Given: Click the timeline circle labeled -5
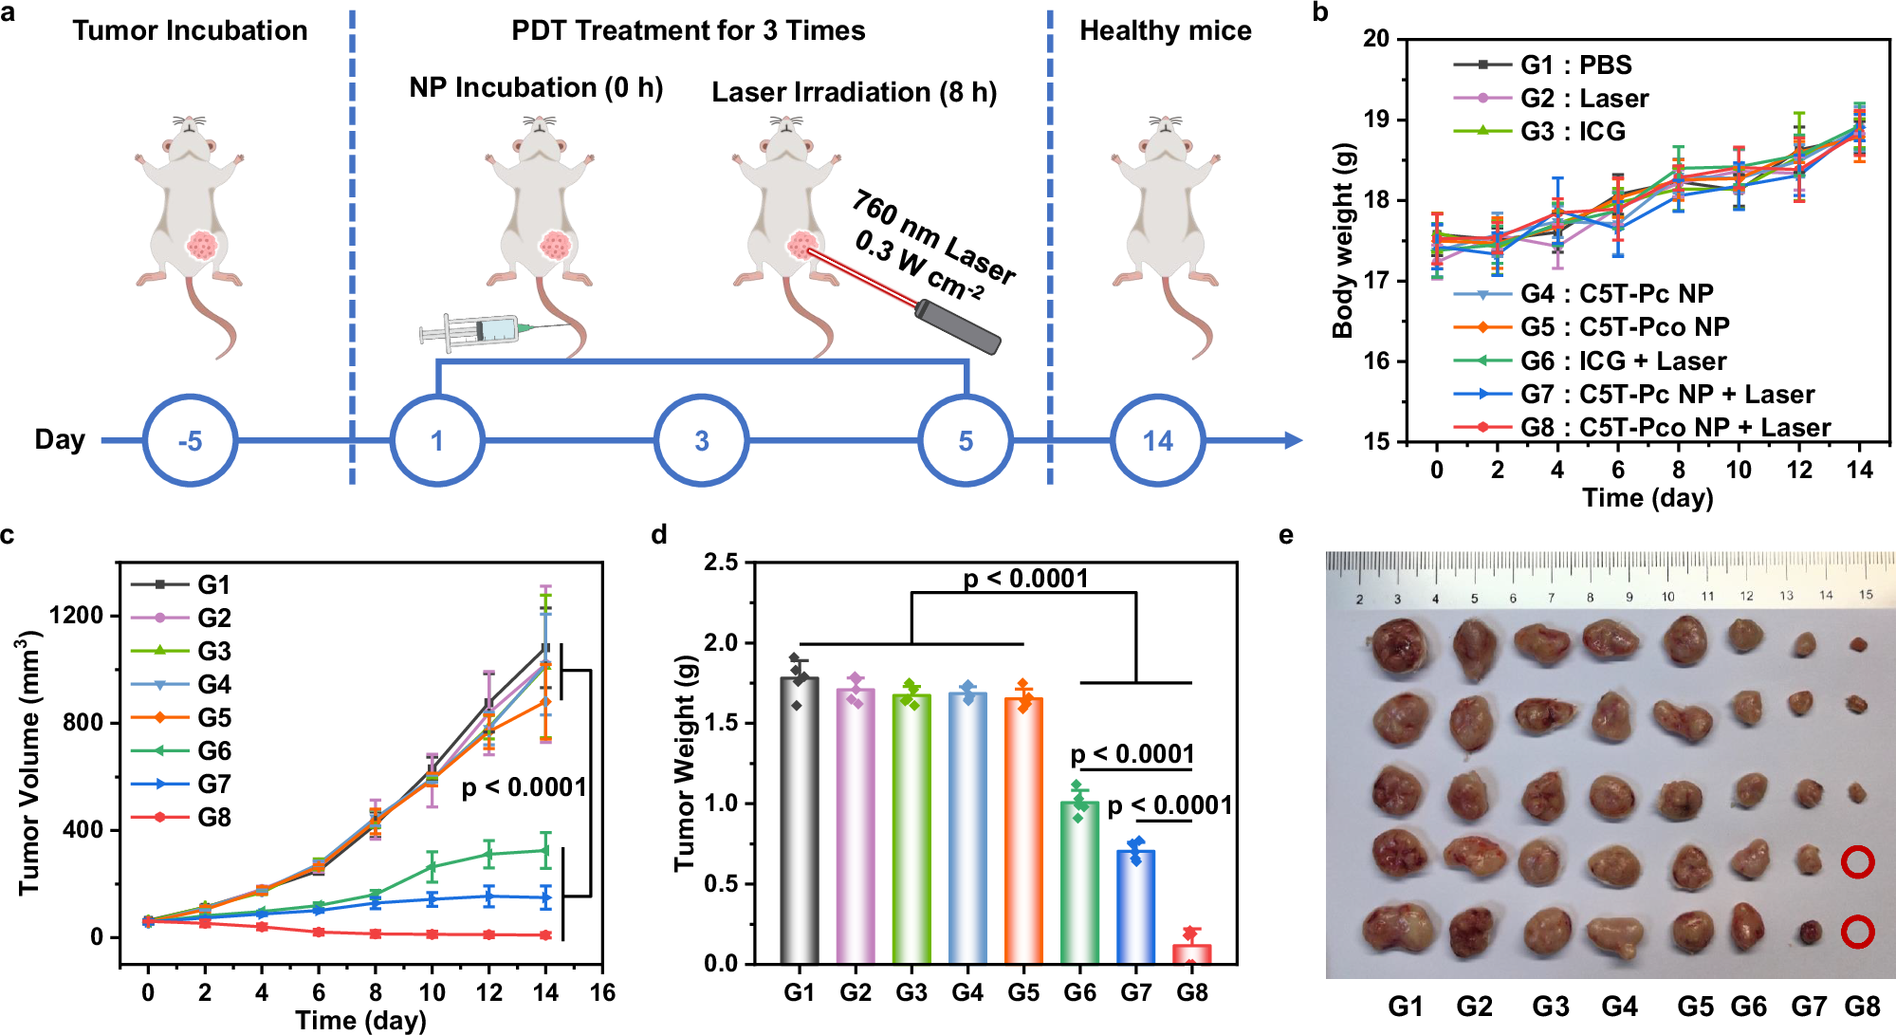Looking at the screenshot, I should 190,441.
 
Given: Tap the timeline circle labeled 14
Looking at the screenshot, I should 1157,441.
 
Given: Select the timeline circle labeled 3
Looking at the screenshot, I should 701,441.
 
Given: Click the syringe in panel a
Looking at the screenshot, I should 474,330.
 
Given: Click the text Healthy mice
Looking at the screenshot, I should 1165,31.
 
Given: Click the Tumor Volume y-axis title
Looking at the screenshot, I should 30,765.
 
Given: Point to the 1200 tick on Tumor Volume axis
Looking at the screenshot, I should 76,616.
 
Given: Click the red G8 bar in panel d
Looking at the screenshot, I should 1191,952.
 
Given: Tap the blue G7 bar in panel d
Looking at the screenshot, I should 1135,906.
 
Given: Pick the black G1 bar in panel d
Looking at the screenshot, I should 799,821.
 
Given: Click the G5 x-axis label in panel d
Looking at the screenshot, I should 1023,993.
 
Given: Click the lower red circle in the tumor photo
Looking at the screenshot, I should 1857,932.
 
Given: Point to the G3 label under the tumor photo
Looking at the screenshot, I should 1550,1007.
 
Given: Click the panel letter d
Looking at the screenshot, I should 659,535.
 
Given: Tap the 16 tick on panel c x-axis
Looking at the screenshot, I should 602,993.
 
